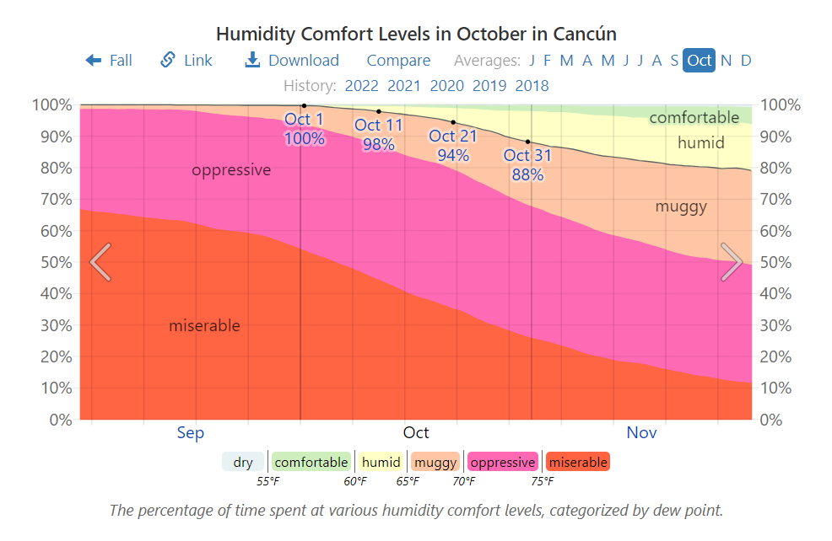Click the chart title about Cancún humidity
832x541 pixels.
(x=416, y=35)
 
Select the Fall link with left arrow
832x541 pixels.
(x=109, y=61)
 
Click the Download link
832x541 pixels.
(x=292, y=61)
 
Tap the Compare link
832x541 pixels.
(x=398, y=61)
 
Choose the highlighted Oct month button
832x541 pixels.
(x=699, y=61)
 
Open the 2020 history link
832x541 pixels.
(x=446, y=85)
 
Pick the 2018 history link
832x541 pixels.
(x=532, y=85)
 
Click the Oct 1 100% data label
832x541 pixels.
(x=304, y=129)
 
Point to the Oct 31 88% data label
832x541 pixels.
(x=527, y=165)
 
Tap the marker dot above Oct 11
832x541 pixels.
(x=379, y=111)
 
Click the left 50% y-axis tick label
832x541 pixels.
(x=52, y=262)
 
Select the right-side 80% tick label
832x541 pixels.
(x=778, y=168)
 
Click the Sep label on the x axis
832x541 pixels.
(x=191, y=433)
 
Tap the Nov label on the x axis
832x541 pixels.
(x=641, y=433)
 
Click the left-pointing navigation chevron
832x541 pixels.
(x=100, y=262)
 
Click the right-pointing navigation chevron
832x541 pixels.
(x=732, y=262)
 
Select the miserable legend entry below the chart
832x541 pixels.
(x=577, y=462)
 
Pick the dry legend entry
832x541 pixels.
(x=243, y=462)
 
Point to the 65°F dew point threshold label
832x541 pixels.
(x=408, y=481)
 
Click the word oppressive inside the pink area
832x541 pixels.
(x=231, y=170)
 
